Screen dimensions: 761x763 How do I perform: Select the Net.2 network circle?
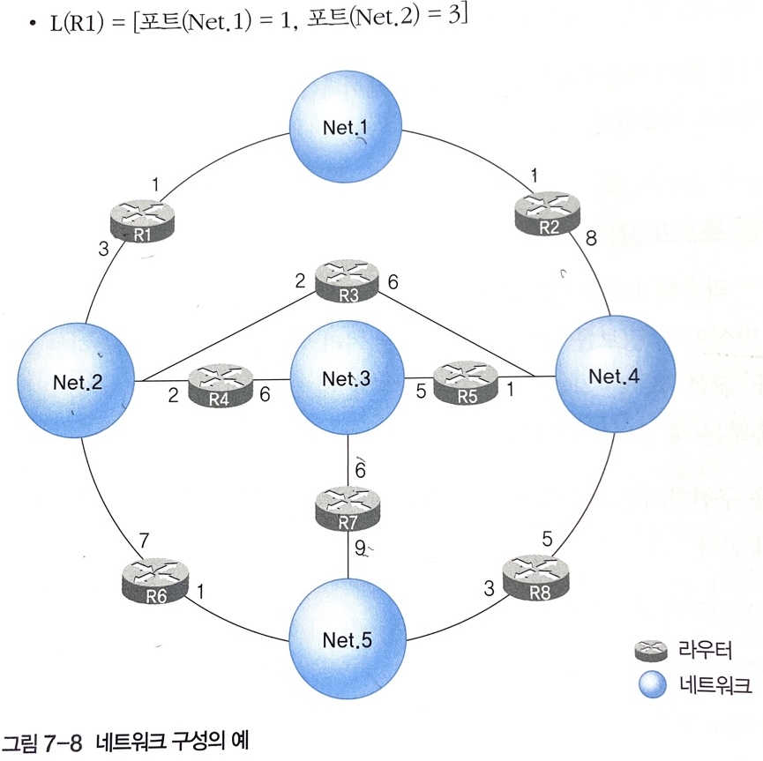coord(75,380)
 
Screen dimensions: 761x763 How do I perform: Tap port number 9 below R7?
coord(359,547)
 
